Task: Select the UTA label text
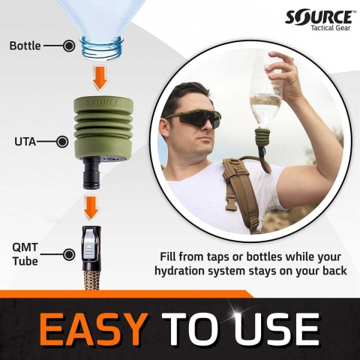[x=27, y=140]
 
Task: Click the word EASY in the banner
[x=92, y=328]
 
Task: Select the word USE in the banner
[x=278, y=328]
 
